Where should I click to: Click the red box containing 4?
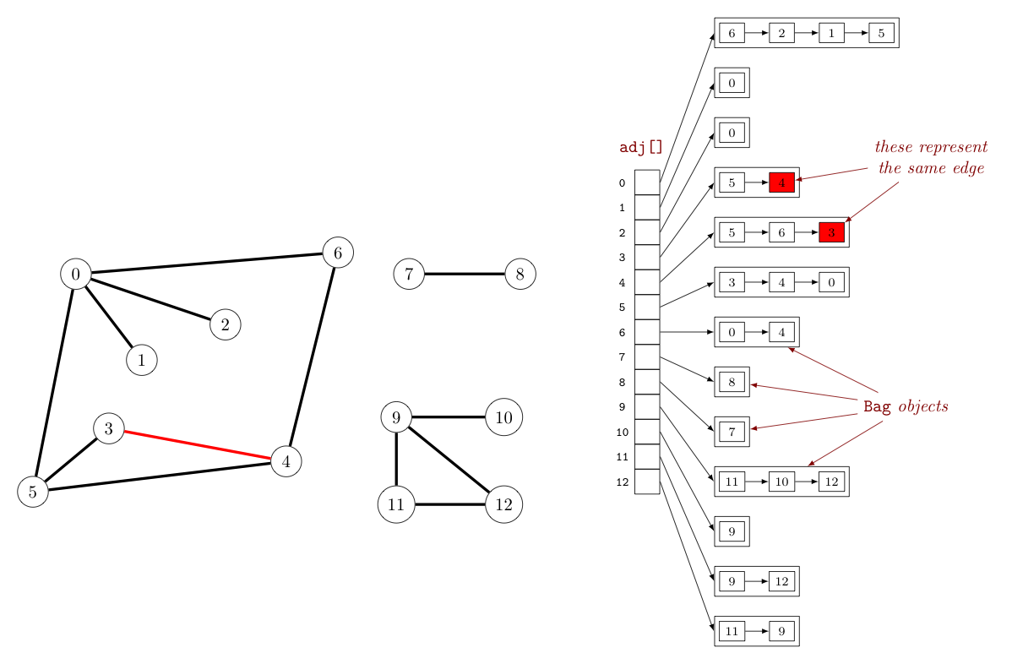point(781,182)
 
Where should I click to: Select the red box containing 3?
point(831,232)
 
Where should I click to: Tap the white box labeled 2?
point(781,33)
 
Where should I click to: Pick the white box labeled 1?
point(831,33)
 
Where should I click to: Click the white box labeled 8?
point(732,382)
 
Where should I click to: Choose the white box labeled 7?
point(732,432)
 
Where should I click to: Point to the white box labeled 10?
point(781,482)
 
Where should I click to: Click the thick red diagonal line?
point(198,445)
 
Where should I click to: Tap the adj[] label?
point(640,147)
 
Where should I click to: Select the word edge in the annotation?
point(969,168)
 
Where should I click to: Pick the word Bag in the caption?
point(877,407)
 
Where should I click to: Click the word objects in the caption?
point(922,407)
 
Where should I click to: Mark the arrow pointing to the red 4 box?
point(832,174)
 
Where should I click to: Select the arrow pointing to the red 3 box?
point(872,201)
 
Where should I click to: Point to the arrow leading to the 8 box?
point(803,392)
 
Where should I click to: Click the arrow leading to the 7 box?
point(803,422)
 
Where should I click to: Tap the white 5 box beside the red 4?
point(732,182)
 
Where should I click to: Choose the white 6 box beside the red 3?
point(781,232)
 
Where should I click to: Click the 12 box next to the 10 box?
point(831,482)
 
